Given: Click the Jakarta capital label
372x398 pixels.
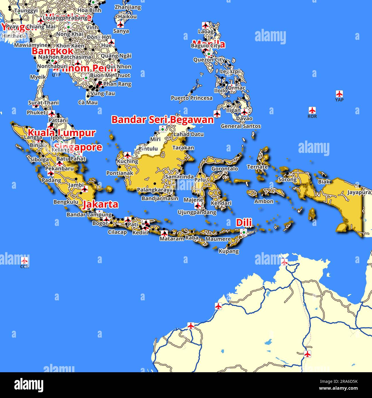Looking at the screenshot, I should pos(100,204).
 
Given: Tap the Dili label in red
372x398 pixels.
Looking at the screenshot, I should pos(244,222).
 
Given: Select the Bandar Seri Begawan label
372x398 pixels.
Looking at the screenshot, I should pos(162,120).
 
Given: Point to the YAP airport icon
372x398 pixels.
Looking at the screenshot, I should pos(339,94).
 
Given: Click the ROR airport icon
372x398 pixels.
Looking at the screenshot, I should pos(312,110).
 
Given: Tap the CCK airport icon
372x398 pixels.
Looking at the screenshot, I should pos(25,261).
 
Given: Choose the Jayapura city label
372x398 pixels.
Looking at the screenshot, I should pos(359,192).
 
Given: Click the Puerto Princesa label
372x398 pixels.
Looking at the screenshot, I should pos(192,98).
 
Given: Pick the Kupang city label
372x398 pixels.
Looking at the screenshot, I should pos(229,251).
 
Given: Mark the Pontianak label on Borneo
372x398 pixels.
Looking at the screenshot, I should pos(120,173).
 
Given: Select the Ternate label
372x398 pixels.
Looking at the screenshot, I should pos(257,167).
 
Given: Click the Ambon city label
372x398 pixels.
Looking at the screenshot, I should pos(264,201).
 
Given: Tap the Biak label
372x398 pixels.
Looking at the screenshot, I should pos(324,182).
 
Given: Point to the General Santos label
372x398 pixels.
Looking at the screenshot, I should pos(241,126).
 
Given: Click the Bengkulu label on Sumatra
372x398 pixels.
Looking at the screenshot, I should pos(66,202).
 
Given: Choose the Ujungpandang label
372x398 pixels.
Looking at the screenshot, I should pos(197,212).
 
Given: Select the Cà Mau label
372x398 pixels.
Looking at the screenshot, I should pos(88,102).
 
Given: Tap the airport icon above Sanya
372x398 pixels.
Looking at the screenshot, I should pos(121,24).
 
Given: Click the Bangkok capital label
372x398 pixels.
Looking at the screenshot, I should pos(52,51).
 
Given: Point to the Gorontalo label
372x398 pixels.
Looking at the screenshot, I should pos(225,169).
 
